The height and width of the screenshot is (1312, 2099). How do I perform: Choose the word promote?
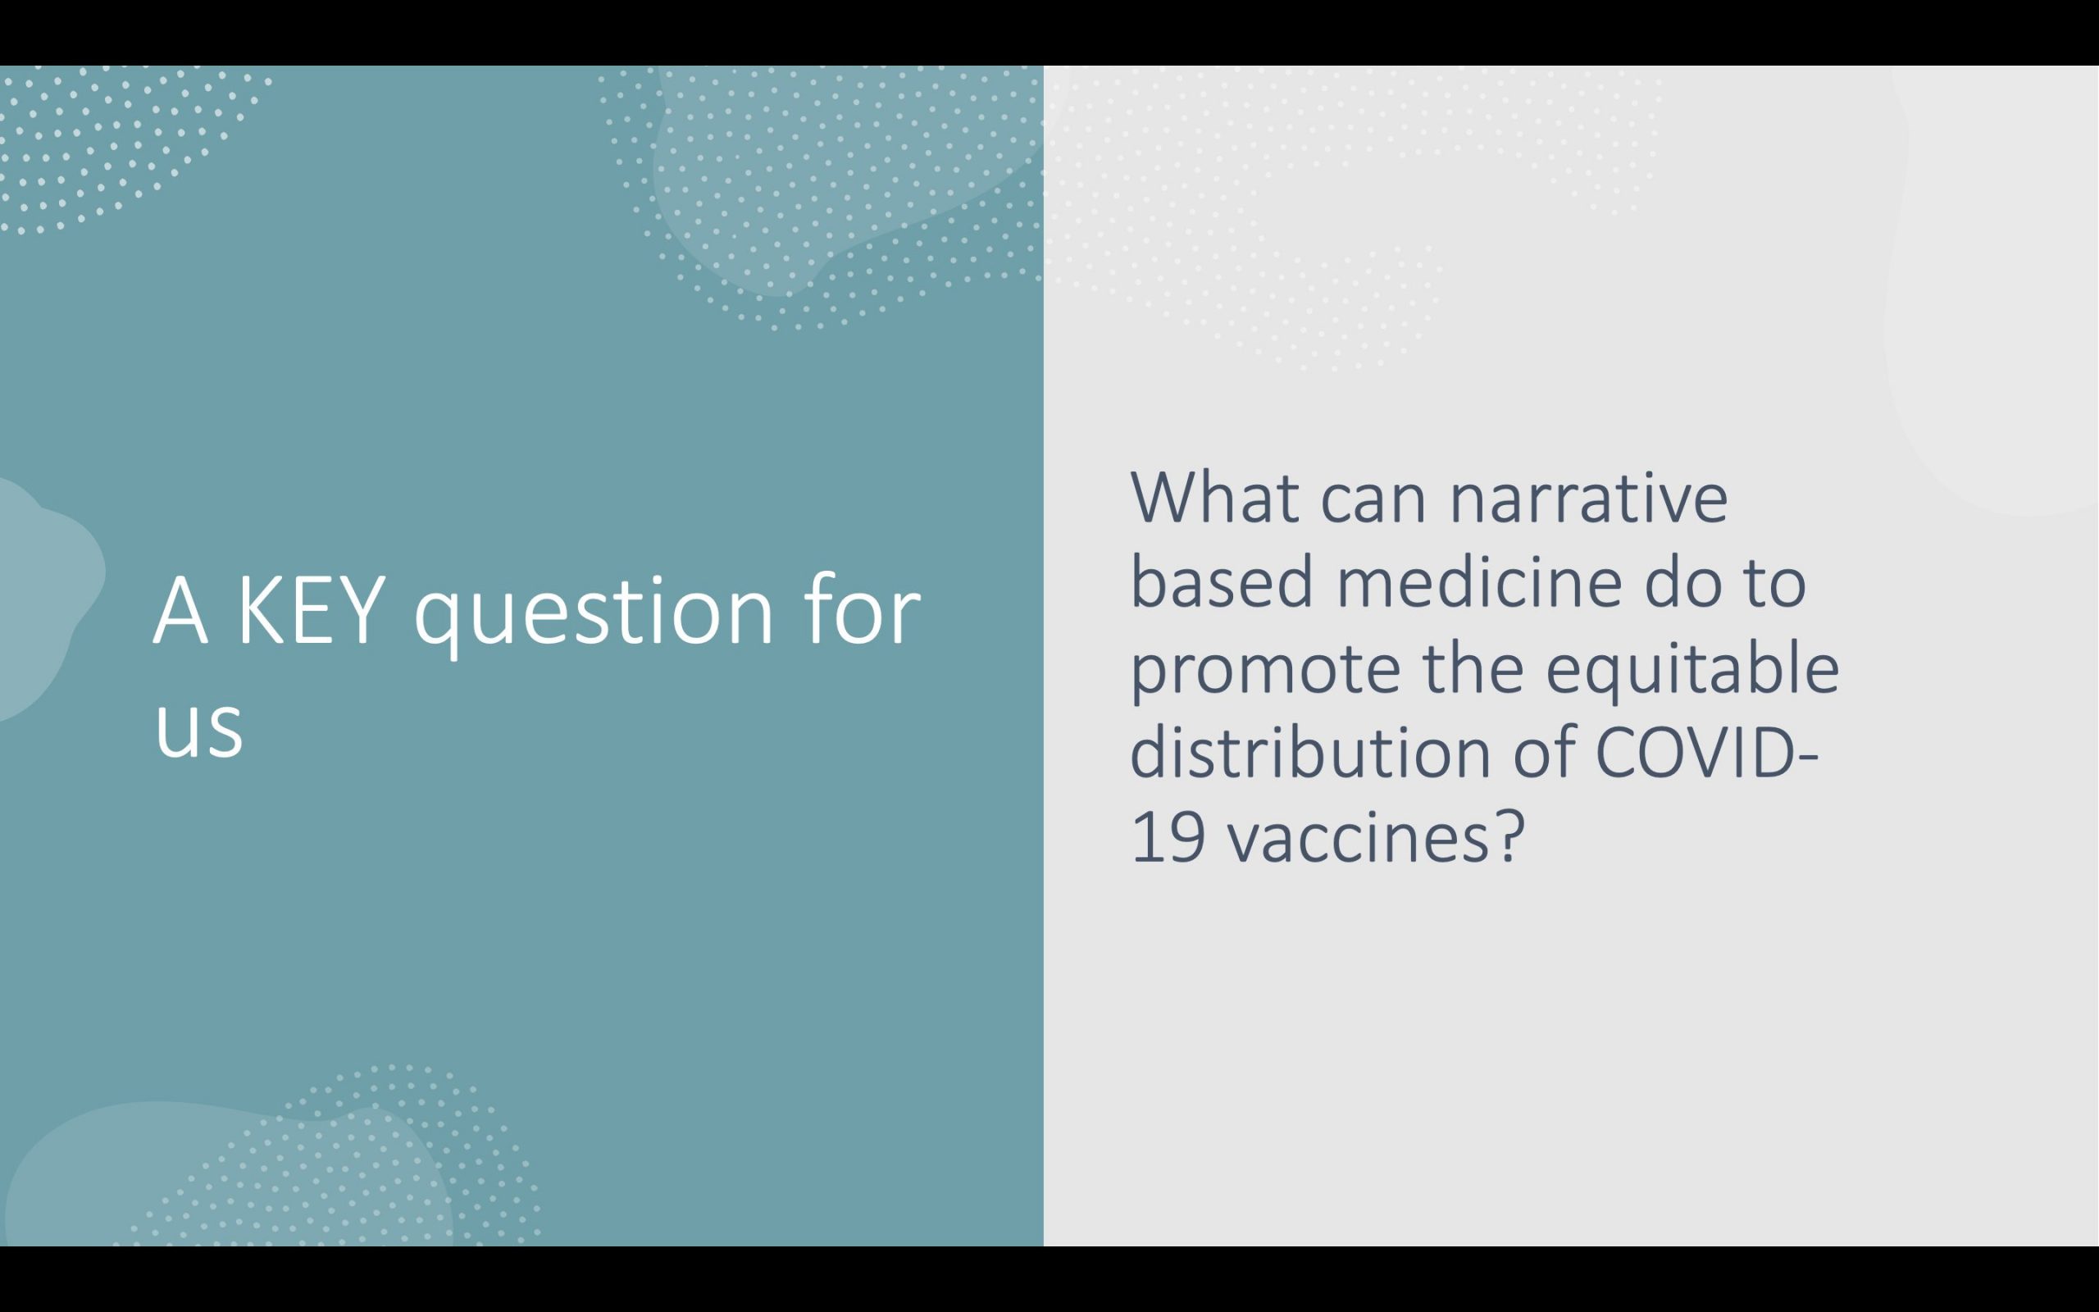pyautogui.click(x=1265, y=672)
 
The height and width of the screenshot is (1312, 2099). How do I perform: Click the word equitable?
pyautogui.click(x=1691, y=669)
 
